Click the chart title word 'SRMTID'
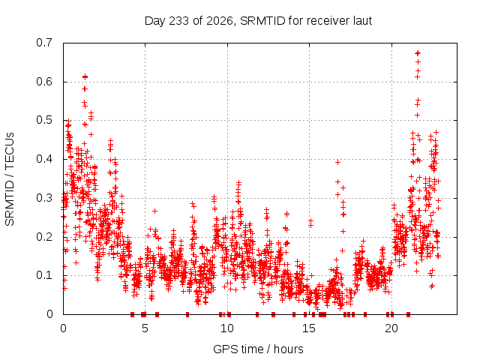pyautogui.click(x=262, y=21)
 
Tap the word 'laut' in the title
pyautogui.click(x=362, y=21)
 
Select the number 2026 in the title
pyautogui.click(x=219, y=21)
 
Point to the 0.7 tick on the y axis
pyautogui.click(x=44, y=43)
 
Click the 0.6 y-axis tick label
pyautogui.click(x=44, y=82)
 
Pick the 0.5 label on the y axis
pyautogui.click(x=44, y=120)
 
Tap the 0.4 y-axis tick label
pyautogui.click(x=44, y=159)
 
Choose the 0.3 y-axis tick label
pyautogui.click(x=44, y=198)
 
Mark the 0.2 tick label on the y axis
pyautogui.click(x=44, y=237)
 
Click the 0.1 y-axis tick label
pyautogui.click(x=44, y=275)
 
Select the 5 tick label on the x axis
pyautogui.click(x=145, y=328)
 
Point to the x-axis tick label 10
pyautogui.click(x=227, y=328)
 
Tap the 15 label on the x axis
pyautogui.click(x=309, y=328)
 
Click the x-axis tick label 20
pyautogui.click(x=391, y=328)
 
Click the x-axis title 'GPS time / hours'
pyautogui.click(x=258, y=349)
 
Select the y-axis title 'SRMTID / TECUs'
pyautogui.click(x=10, y=179)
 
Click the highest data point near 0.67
pyautogui.click(x=418, y=53)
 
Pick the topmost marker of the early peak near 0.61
pyautogui.click(x=85, y=76)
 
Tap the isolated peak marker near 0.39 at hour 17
pyautogui.click(x=337, y=162)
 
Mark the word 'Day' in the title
pyautogui.click(x=155, y=21)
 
